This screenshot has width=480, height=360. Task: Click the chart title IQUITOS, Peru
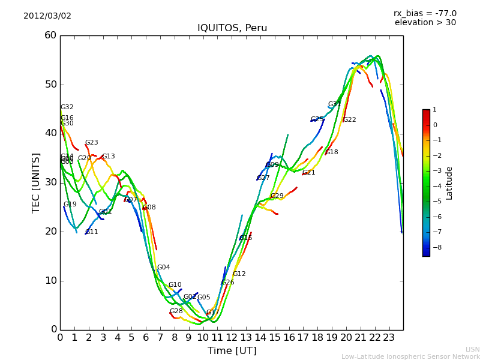(232, 28)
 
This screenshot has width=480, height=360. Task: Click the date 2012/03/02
(47, 16)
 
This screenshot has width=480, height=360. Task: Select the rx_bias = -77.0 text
(425, 13)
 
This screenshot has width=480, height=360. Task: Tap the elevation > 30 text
(425, 23)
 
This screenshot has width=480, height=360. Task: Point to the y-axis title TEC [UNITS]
(36, 182)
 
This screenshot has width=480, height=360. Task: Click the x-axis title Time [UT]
(232, 351)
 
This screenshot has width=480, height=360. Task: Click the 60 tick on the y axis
(50, 35)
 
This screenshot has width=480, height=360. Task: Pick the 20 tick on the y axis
(50, 232)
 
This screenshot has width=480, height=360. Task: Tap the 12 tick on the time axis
(232, 338)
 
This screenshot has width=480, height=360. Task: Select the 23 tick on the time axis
(389, 338)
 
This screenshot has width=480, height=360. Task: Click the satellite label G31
(334, 104)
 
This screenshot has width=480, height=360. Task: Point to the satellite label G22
(349, 120)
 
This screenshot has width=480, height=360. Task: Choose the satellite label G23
(91, 143)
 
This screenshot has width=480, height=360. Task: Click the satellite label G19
(70, 205)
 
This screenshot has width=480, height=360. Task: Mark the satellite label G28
(176, 311)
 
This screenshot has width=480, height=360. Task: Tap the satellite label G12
(239, 274)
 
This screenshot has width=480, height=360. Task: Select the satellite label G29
(277, 196)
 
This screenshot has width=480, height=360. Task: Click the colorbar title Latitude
(449, 183)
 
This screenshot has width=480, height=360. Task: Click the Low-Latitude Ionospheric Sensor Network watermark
(410, 357)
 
